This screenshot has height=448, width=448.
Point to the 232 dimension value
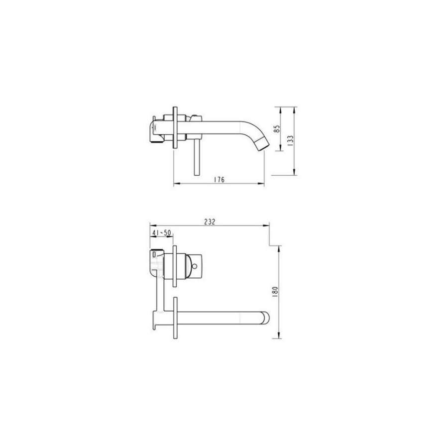pyautogui.click(x=210, y=222)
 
